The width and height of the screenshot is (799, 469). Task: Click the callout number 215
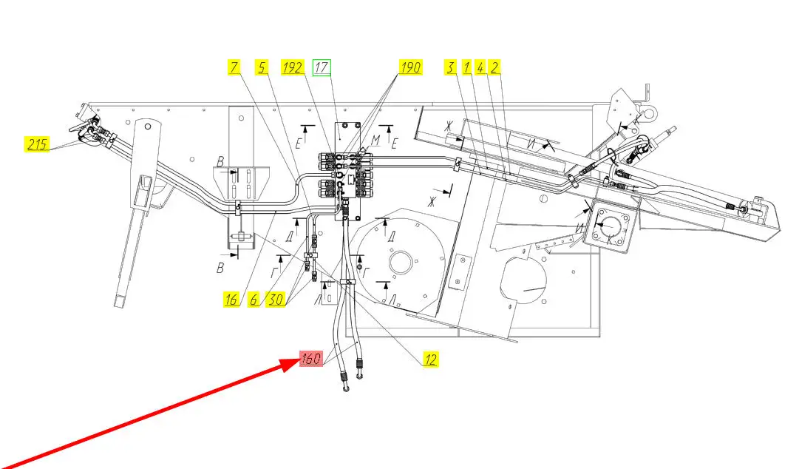[x=36, y=144]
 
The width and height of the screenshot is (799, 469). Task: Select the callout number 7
[x=234, y=67]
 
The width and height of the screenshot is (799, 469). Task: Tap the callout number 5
[x=261, y=67]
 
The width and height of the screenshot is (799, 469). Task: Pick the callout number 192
[x=293, y=67]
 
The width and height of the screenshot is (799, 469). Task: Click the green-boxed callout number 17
[x=322, y=67]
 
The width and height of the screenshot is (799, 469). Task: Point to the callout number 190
[x=410, y=67]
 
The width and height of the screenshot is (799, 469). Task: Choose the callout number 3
[x=449, y=67]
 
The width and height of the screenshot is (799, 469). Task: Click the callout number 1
[x=466, y=67]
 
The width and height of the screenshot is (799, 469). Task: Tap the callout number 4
[x=480, y=67]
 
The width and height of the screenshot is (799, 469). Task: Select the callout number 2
[x=495, y=67]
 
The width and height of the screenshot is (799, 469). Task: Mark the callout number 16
[x=232, y=299]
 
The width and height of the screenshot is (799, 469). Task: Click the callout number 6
[x=254, y=299]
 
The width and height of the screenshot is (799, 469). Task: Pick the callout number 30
[x=276, y=299]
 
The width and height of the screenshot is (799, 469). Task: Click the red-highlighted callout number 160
[x=310, y=360]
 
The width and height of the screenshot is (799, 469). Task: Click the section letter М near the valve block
[x=375, y=140]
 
